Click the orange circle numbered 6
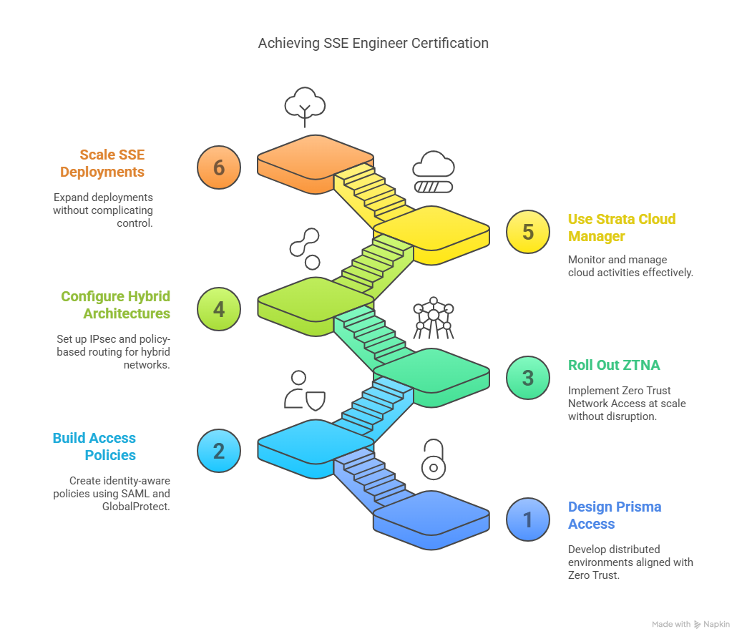[x=219, y=167]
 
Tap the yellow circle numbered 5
[x=528, y=233]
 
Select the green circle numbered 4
[x=219, y=309]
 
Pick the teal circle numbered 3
[x=528, y=377]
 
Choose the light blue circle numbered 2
[x=219, y=451]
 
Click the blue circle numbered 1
[x=528, y=519]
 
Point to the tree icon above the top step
[x=305, y=105]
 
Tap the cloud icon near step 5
[x=433, y=172]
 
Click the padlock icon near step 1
[x=433, y=460]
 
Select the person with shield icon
[x=305, y=390]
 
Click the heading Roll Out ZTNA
[x=614, y=365]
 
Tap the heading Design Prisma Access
[x=614, y=515]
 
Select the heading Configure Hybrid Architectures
[x=116, y=305]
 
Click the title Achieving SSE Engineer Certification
[x=373, y=44]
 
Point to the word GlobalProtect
[x=136, y=507]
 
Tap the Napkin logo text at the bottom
[x=716, y=625]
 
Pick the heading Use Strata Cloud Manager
[x=621, y=228]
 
